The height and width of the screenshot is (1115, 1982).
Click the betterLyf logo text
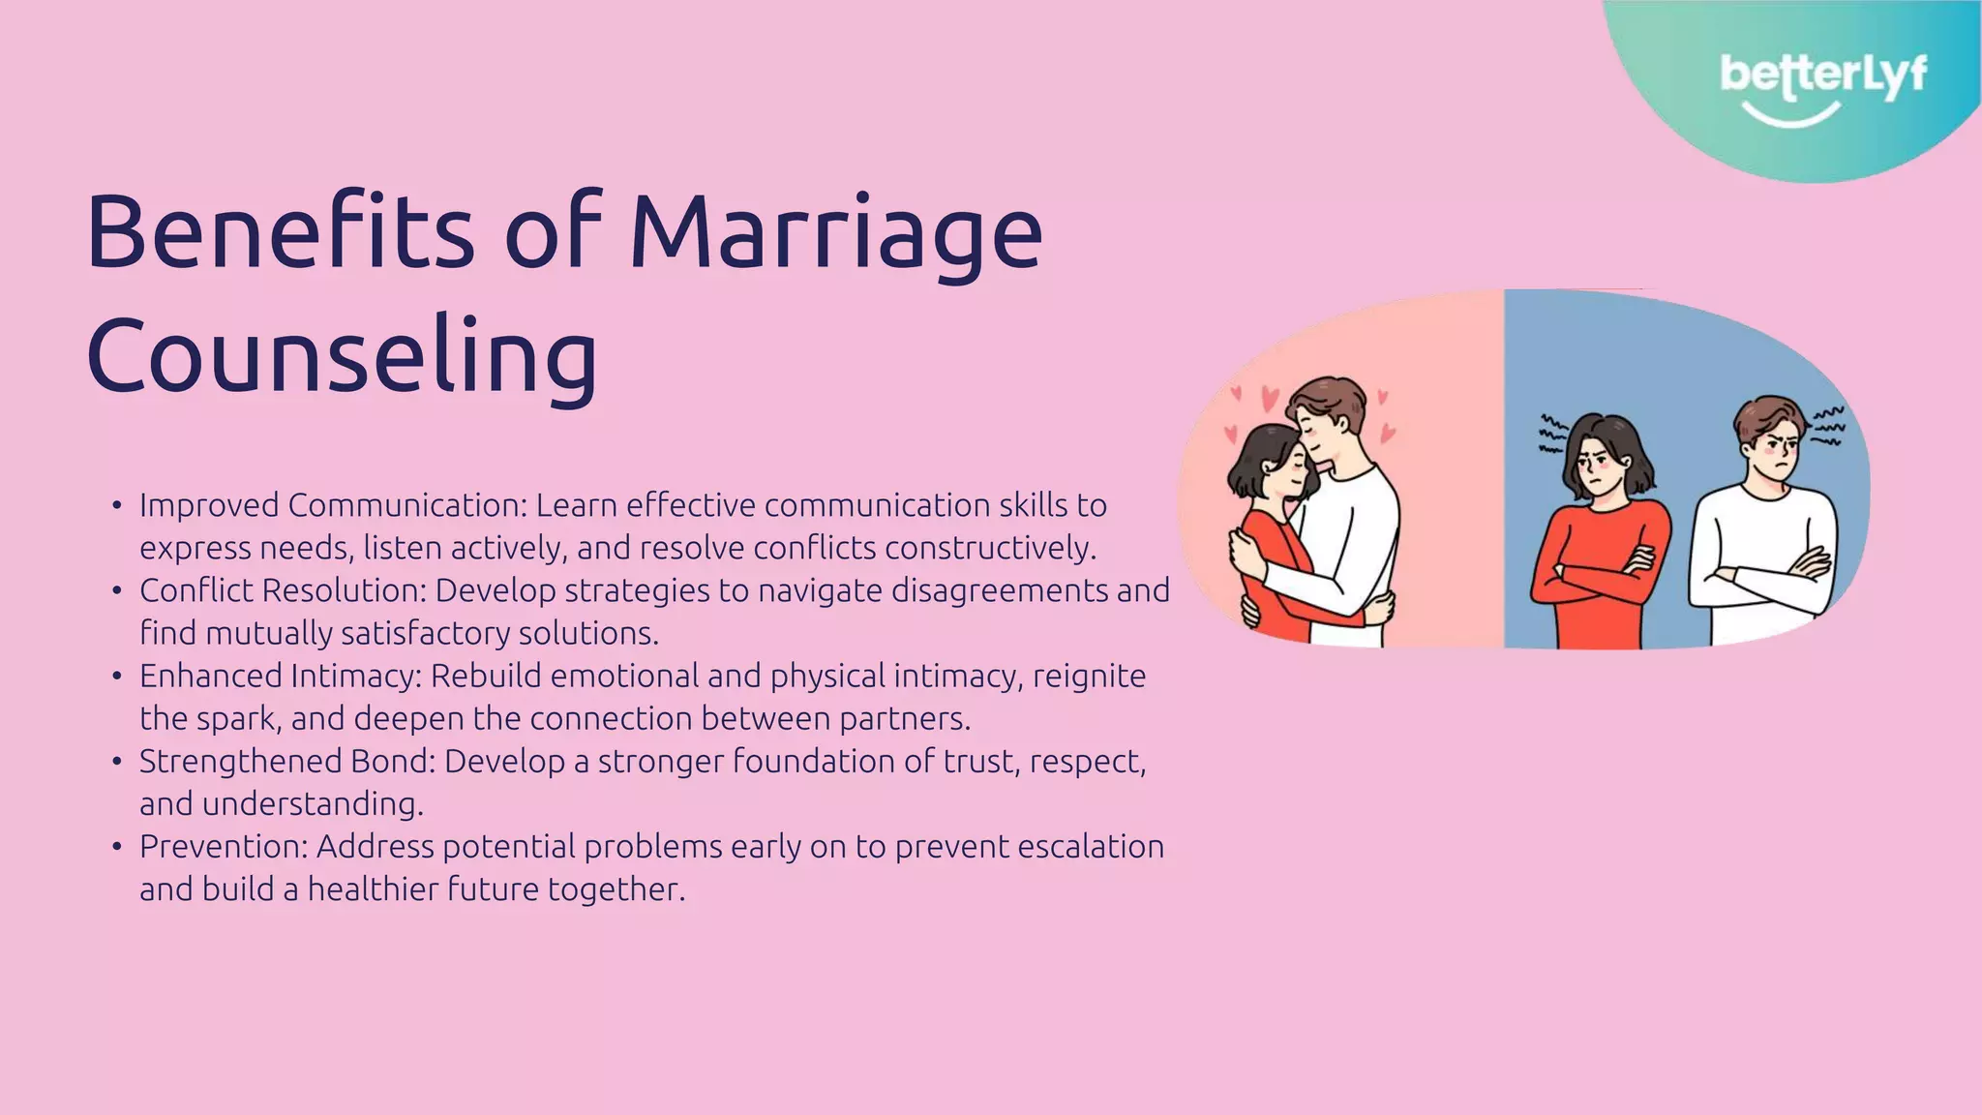pos(1822,75)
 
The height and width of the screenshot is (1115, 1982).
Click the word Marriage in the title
pos(836,232)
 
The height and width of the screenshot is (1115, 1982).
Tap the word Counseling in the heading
pos(342,356)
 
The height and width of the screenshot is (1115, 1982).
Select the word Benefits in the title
pos(280,232)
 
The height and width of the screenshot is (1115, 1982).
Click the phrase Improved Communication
pos(330,505)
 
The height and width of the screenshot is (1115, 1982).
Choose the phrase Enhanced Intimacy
pos(279,676)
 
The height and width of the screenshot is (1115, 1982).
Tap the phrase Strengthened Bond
pos(287,762)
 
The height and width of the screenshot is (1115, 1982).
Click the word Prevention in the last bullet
pos(222,847)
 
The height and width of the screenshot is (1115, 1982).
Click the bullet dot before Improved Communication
pos(116,506)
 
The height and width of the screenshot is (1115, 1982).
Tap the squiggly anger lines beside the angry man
pos(1827,426)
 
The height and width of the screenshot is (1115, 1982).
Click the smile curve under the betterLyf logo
pos(1790,116)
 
